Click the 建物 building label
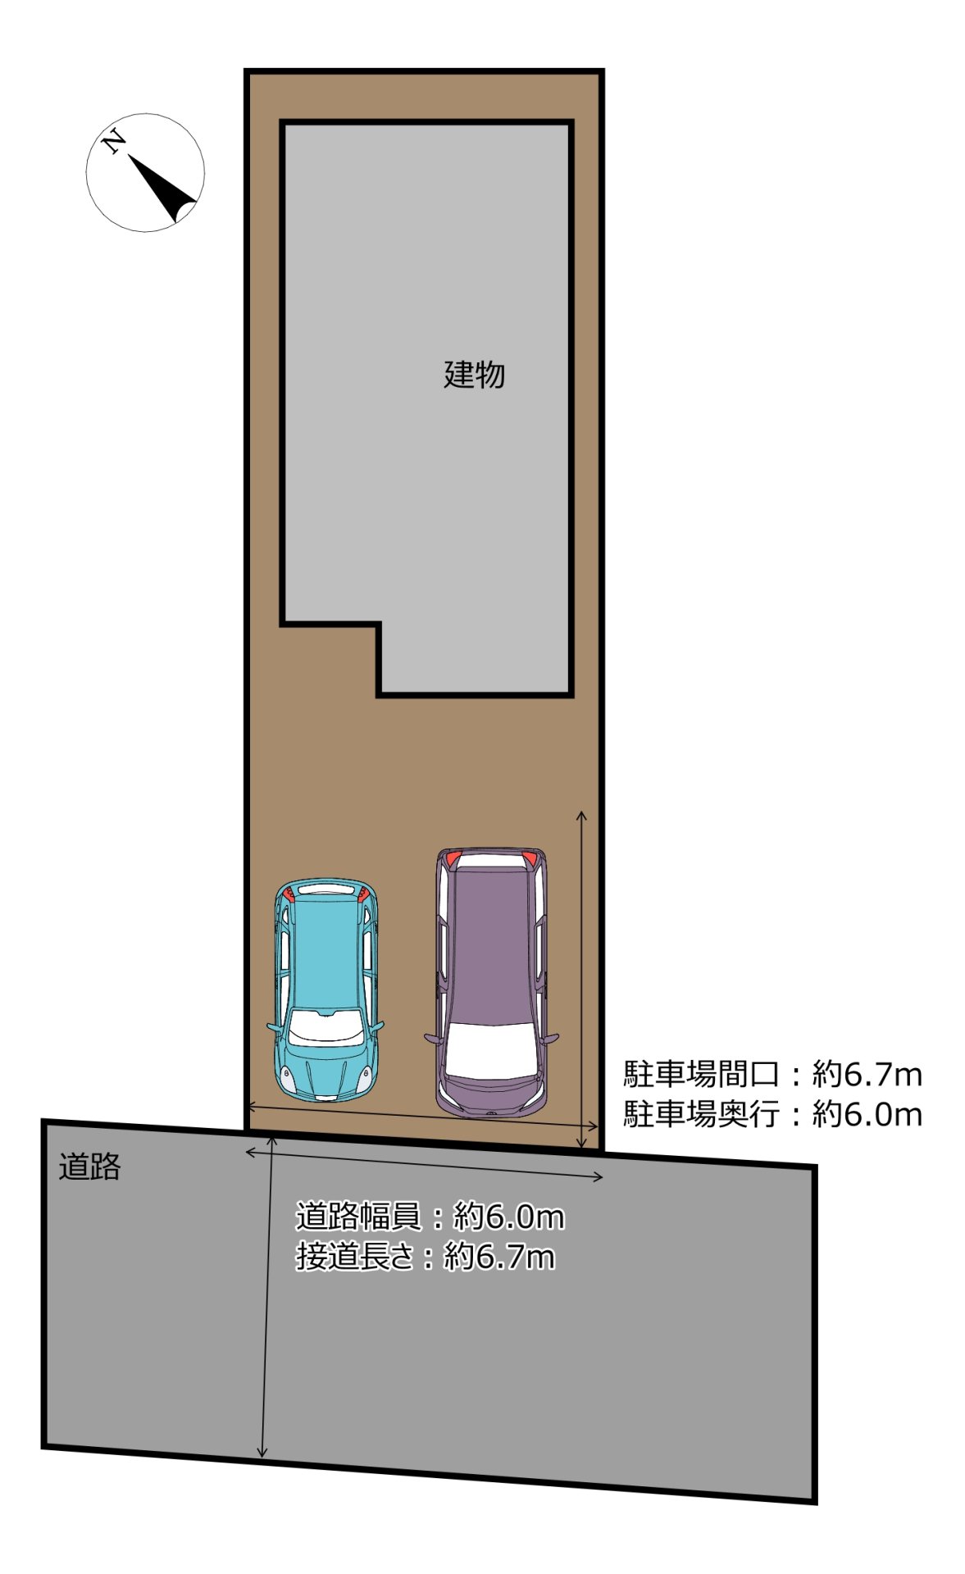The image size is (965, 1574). [x=473, y=375]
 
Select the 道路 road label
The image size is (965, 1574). [x=89, y=1166]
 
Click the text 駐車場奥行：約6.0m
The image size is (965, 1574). [x=772, y=1113]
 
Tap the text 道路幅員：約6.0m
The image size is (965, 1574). [x=430, y=1216]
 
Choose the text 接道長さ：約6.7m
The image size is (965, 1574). [x=425, y=1255]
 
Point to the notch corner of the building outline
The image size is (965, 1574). [x=379, y=626]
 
